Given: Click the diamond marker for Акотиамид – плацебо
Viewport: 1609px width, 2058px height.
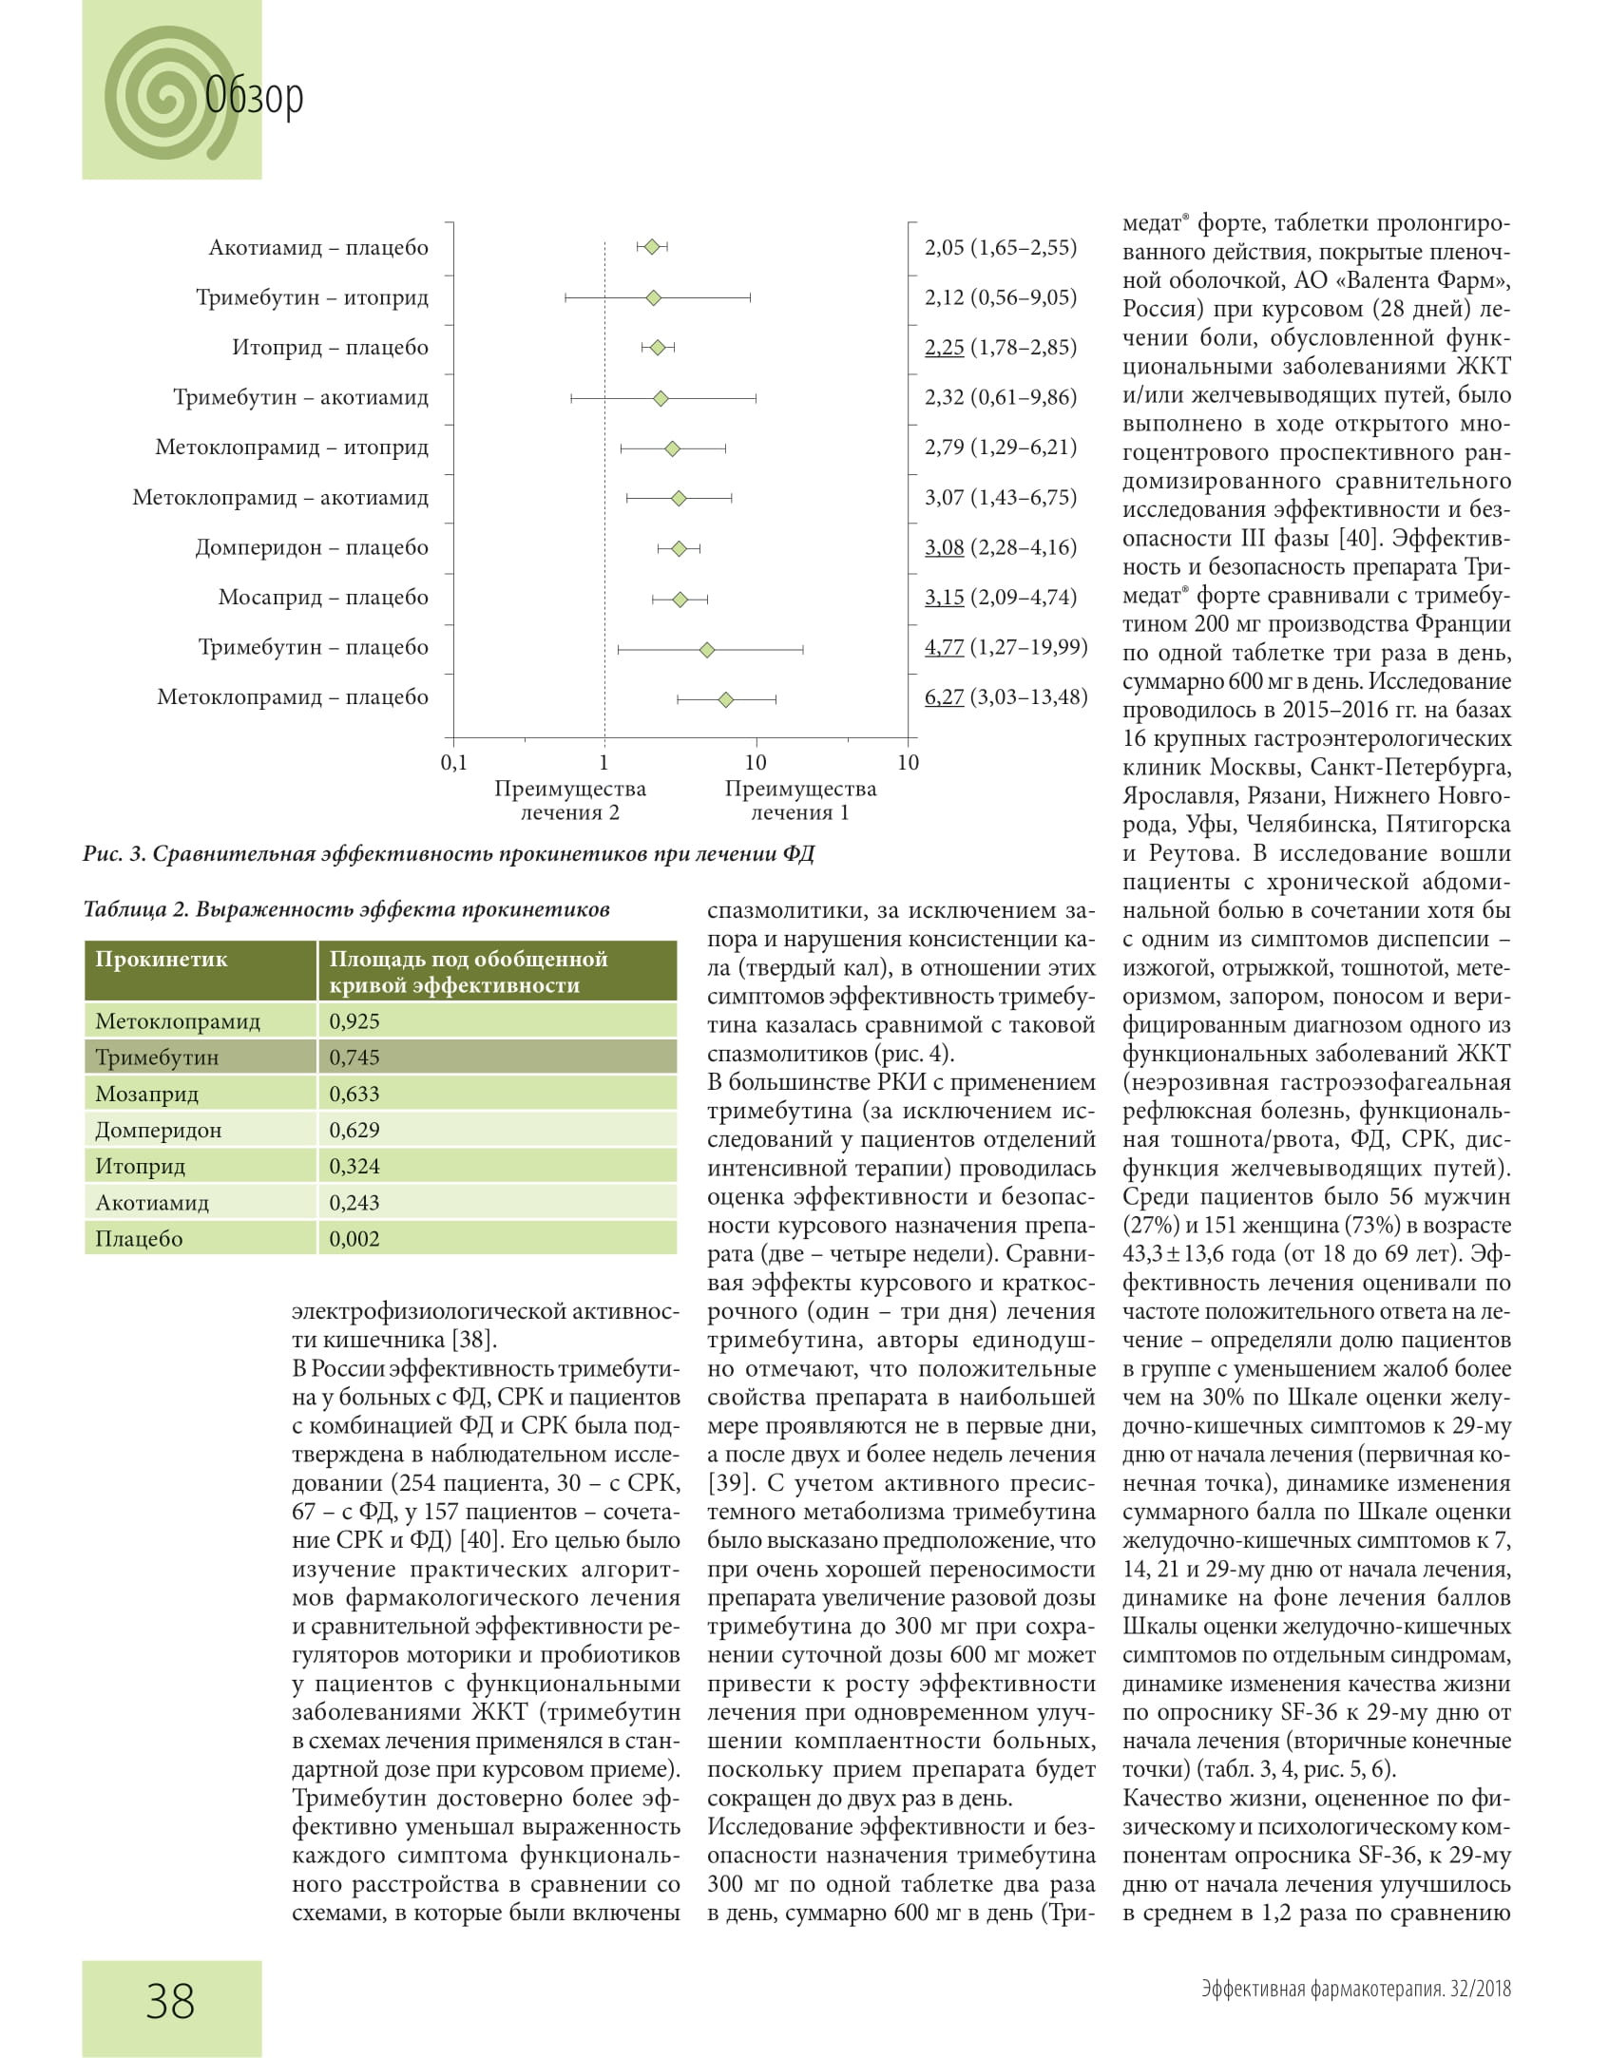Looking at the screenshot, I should [652, 247].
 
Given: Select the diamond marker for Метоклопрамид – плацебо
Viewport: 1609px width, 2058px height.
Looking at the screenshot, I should [725, 700].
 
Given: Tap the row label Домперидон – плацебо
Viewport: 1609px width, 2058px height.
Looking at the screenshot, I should [312, 547].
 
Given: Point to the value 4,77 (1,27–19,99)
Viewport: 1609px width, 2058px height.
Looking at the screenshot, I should [1006, 647].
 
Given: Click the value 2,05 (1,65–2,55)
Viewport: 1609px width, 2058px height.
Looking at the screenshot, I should [1001, 247].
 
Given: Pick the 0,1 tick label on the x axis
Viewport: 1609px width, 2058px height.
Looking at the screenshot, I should [454, 763].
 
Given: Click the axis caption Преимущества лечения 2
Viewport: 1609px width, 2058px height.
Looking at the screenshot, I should [569, 800].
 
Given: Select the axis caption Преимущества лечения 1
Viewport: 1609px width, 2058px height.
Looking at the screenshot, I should [800, 800].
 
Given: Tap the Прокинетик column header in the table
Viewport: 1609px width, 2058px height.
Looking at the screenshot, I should [162, 959].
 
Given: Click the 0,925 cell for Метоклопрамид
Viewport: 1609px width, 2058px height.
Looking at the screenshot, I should [354, 1021].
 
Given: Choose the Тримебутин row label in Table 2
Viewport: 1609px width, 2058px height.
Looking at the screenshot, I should [157, 1058].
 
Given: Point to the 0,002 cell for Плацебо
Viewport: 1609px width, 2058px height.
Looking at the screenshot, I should [354, 1239].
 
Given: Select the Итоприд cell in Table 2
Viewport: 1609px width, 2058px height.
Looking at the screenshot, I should [141, 1166].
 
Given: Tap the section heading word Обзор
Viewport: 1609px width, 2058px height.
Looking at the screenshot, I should [255, 96].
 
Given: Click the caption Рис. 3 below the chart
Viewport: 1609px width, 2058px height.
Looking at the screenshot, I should [448, 854].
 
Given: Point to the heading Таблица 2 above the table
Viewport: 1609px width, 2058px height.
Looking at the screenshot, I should [346, 909].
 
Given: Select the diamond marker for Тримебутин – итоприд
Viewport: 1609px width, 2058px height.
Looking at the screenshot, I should [653, 298].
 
